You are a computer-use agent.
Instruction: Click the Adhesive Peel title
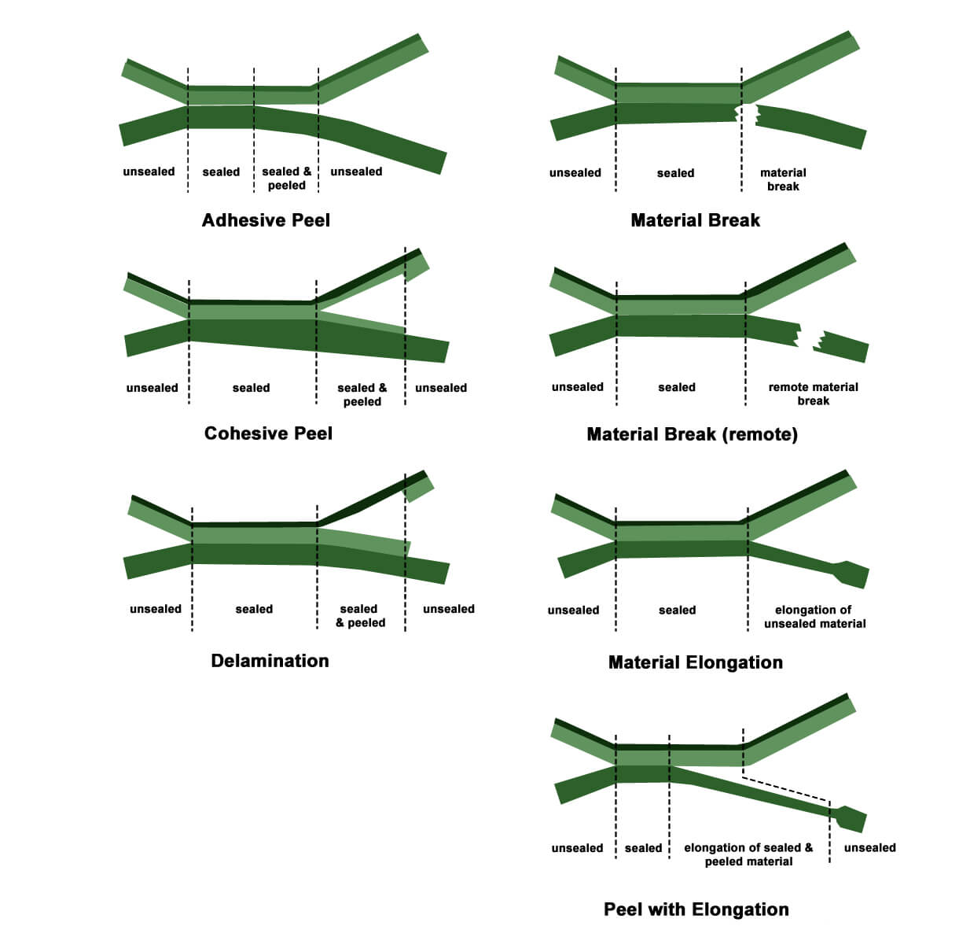point(266,220)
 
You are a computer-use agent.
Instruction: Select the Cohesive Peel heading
point(268,433)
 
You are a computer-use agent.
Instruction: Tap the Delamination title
point(270,661)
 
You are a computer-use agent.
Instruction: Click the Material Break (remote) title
point(692,434)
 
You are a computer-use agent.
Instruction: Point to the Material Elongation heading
point(695,662)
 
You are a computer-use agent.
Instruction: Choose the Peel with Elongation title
point(696,909)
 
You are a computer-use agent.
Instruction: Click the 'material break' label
point(783,179)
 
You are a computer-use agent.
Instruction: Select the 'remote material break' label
point(813,393)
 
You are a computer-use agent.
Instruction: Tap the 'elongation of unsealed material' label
point(814,617)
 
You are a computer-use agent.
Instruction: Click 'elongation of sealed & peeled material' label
point(748,854)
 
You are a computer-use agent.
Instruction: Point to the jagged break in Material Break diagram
point(747,114)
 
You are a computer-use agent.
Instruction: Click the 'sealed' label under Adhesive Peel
point(221,172)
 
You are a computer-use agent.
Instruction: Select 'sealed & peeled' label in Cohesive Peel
point(362,394)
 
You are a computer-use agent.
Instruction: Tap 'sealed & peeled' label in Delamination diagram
point(360,616)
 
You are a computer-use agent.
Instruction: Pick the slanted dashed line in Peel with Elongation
point(786,789)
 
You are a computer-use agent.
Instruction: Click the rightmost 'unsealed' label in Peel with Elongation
point(869,847)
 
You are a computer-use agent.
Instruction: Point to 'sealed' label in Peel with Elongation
point(643,848)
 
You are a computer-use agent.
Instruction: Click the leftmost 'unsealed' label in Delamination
point(155,609)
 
